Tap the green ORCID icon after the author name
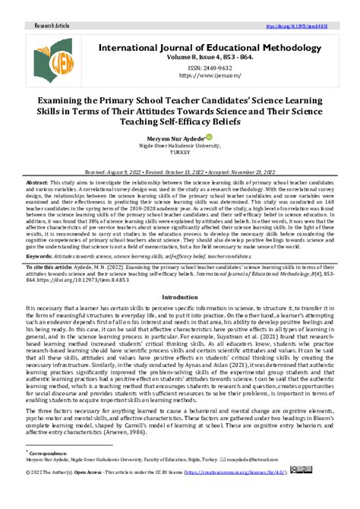pos(207,138)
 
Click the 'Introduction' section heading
pos(180,297)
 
